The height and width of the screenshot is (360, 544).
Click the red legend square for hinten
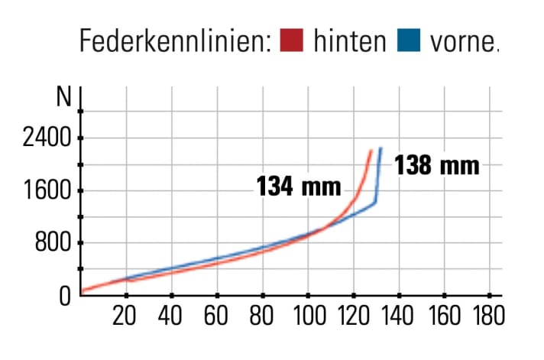(x=293, y=41)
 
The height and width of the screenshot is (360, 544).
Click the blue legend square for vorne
(x=410, y=41)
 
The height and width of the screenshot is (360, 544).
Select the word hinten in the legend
(x=349, y=41)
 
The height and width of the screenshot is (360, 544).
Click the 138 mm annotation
(x=437, y=165)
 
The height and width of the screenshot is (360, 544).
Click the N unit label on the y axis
(x=64, y=98)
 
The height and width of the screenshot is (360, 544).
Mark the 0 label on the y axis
(x=66, y=295)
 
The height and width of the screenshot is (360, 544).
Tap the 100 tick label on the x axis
(x=307, y=315)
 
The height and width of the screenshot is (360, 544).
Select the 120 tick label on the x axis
(x=353, y=315)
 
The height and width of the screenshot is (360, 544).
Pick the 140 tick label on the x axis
(x=398, y=315)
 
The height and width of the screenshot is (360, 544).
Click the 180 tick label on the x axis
(x=488, y=315)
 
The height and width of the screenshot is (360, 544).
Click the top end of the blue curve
(x=380, y=148)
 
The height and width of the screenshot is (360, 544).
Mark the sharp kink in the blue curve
(x=375, y=203)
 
